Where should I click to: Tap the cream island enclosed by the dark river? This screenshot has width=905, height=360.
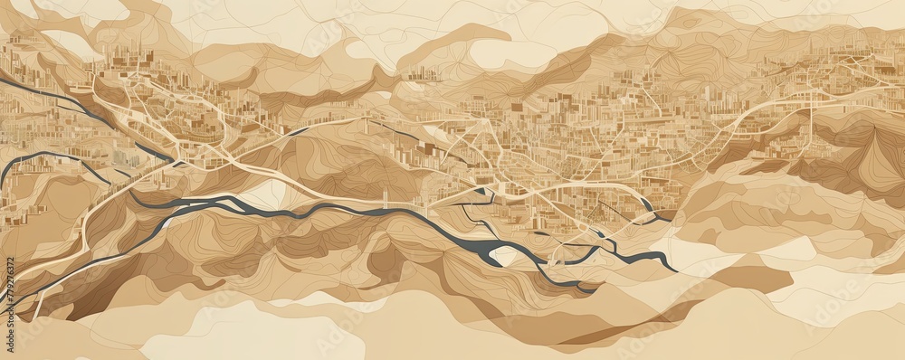[x=503, y=256]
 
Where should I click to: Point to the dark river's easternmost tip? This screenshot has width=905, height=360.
[x=674, y=270]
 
